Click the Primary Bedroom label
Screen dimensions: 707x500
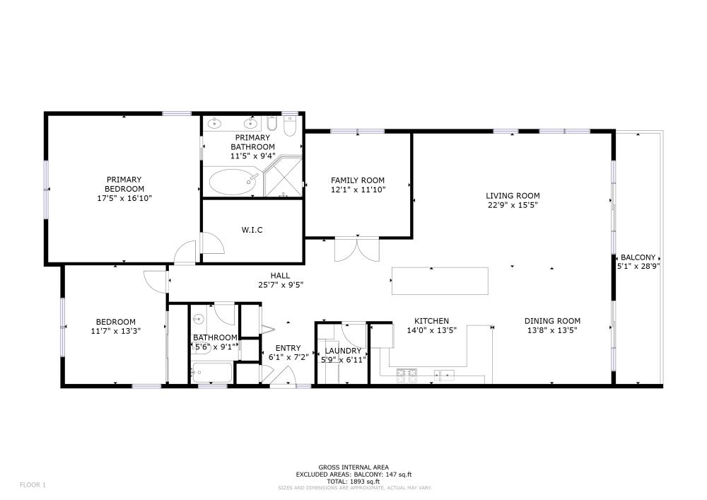pos(124,184)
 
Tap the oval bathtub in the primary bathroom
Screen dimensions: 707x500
pos(233,182)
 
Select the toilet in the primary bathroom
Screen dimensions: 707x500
pos(289,127)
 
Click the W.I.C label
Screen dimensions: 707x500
pos(252,230)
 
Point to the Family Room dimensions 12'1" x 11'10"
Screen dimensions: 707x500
pos(358,190)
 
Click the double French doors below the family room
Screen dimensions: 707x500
pos(357,250)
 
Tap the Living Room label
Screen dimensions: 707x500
pos(513,196)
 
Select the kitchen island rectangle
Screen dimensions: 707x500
pos(440,281)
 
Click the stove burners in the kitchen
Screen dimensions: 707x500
pos(407,375)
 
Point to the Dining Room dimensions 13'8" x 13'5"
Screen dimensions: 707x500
pos(552,330)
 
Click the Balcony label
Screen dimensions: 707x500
pos(638,257)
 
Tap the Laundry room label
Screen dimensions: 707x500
pos(343,351)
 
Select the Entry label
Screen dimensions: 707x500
pos(288,348)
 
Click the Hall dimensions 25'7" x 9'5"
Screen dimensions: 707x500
pos(281,285)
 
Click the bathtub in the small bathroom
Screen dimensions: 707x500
pos(211,373)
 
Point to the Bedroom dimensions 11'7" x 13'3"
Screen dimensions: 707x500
pos(116,331)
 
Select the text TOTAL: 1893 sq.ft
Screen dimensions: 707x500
pos(353,482)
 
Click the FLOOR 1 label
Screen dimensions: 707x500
pos(33,485)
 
